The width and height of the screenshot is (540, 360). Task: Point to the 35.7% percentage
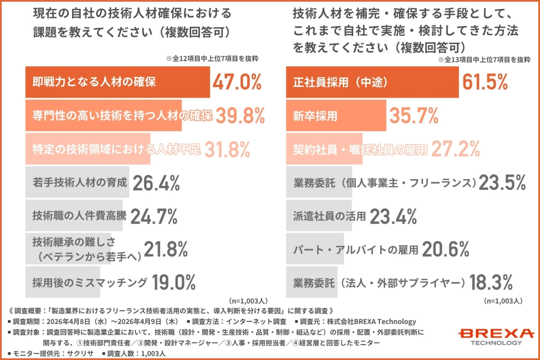(x=414, y=116)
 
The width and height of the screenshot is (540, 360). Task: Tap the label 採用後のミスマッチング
(x=90, y=283)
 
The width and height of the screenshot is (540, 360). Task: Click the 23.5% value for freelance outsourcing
(x=502, y=183)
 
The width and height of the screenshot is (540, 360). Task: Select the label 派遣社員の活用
(x=329, y=216)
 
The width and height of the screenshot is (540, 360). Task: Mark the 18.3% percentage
(x=491, y=283)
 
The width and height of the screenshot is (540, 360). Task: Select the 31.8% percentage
(x=227, y=149)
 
